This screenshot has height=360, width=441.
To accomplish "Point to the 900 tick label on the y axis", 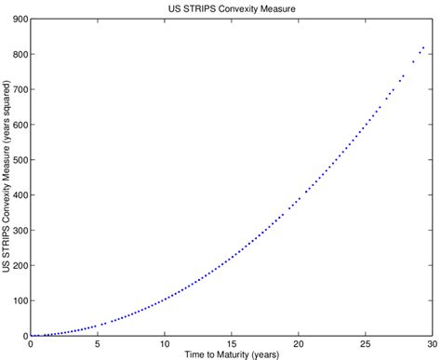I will click(x=18, y=19).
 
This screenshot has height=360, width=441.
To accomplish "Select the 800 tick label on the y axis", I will click(x=18, y=54).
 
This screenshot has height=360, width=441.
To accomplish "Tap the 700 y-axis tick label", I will click(x=18, y=89).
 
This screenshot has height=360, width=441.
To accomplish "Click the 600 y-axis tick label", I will click(x=18, y=125).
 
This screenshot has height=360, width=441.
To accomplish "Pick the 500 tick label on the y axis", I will click(x=18, y=159).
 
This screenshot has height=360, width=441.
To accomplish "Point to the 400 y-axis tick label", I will click(x=18, y=194).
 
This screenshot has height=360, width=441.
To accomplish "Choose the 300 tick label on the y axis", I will click(x=18, y=230).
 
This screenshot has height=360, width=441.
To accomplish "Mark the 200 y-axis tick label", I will click(x=18, y=265).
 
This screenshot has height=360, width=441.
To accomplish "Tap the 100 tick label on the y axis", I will click(x=18, y=300).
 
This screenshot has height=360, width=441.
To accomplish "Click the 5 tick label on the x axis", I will click(x=97, y=343).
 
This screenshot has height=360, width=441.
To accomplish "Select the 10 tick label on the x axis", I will click(x=164, y=343).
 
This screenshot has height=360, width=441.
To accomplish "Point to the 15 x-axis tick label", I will click(x=231, y=343).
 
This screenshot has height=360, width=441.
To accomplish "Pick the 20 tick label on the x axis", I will click(x=298, y=343).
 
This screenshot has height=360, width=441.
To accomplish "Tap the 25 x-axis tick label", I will click(x=365, y=343).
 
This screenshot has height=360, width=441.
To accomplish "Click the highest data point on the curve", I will click(x=423, y=47).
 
